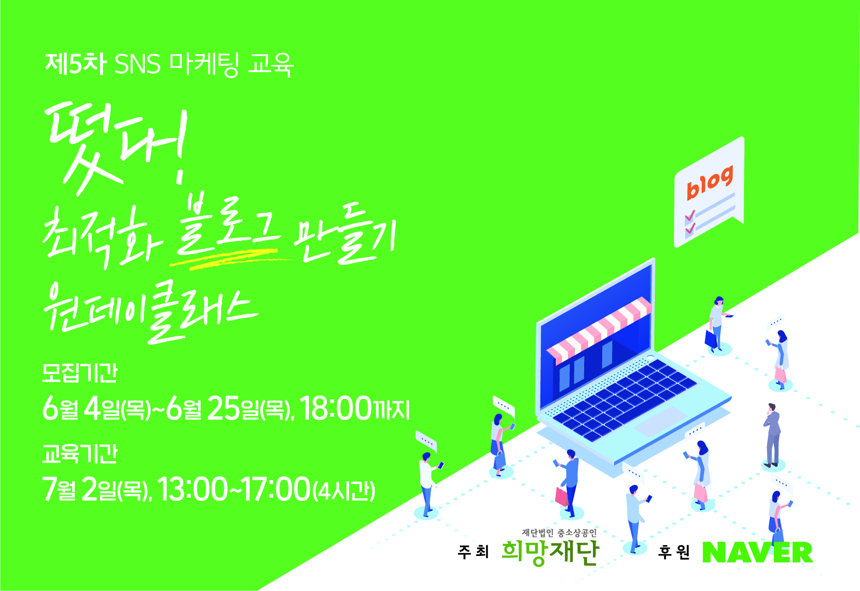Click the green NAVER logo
(757, 553)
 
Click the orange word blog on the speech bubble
(709, 183)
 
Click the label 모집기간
(79, 373)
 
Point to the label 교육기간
(79, 453)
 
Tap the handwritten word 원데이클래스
(150, 312)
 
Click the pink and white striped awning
(599, 331)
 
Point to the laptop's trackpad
(661, 422)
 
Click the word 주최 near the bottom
(473, 552)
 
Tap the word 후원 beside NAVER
(674, 552)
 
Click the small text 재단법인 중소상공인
(559, 533)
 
